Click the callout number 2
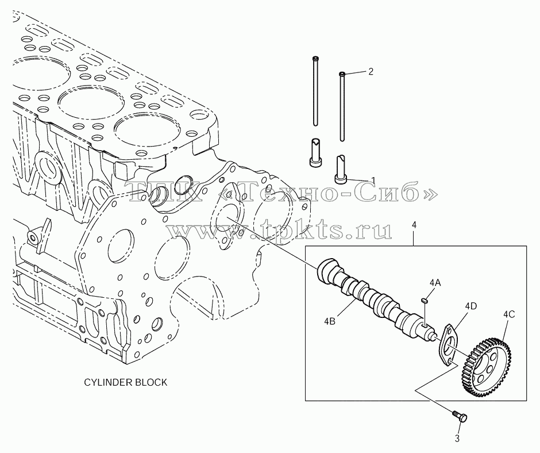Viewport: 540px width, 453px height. point(371,72)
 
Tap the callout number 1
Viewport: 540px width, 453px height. point(373,181)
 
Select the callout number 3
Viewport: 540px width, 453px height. point(457,439)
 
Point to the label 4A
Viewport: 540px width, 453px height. point(435,283)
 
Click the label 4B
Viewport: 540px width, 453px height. point(330,321)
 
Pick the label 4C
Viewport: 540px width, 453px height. point(509,314)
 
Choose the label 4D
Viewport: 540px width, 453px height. point(471,306)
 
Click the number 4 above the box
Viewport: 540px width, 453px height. point(414,225)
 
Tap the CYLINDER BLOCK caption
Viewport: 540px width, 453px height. point(126,382)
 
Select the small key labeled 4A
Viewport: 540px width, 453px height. point(425,301)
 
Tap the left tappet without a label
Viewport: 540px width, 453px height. point(316,153)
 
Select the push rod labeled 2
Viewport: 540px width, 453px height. point(342,106)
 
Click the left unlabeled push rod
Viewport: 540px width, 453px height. point(315,91)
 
